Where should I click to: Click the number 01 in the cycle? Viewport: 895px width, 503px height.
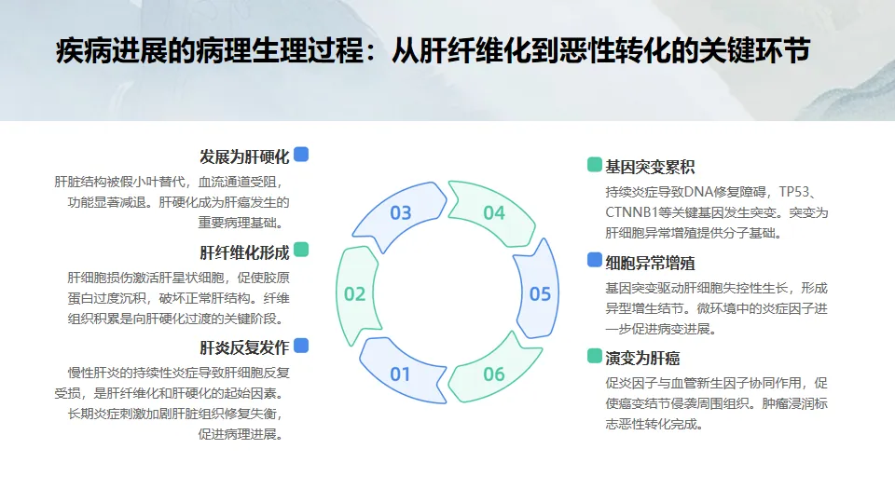coord(400,374)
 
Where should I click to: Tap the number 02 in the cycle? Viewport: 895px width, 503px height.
coord(354,294)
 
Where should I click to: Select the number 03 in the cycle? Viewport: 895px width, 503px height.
coord(400,213)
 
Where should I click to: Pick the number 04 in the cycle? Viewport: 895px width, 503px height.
coord(493,213)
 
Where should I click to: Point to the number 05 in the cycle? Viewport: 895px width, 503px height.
coord(540,294)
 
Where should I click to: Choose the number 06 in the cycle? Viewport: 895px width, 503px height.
coord(493,374)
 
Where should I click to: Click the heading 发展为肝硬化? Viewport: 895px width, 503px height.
coord(244,156)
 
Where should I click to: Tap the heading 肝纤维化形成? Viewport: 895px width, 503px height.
coord(244,252)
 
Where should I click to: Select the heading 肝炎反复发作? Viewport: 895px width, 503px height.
coord(244,348)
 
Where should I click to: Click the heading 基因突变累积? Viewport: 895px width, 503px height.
coord(650,168)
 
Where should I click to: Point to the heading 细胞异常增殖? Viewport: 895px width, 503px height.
coord(650,263)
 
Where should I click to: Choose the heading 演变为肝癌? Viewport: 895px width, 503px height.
coord(642,359)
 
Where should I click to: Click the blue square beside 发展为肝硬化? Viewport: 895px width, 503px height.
coord(301,155)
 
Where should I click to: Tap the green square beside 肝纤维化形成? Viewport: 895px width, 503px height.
coord(301,251)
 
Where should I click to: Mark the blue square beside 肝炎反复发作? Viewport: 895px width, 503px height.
coord(301,346)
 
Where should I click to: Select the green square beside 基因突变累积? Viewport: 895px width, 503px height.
coord(594,165)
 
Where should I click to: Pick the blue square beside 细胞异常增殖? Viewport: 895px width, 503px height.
coord(594,260)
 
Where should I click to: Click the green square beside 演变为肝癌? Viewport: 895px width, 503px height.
coord(594,356)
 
